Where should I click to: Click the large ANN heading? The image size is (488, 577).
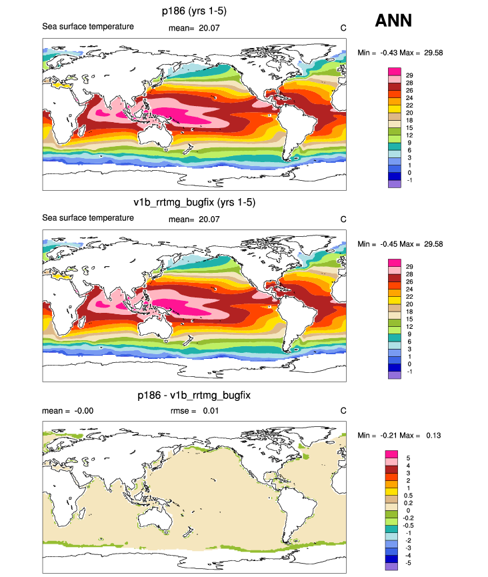393,21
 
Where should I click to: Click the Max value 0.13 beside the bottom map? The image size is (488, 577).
435,436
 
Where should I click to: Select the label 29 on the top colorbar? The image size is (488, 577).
409,75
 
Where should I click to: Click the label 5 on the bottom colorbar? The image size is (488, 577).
408,458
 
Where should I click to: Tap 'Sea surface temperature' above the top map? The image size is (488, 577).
88,27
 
